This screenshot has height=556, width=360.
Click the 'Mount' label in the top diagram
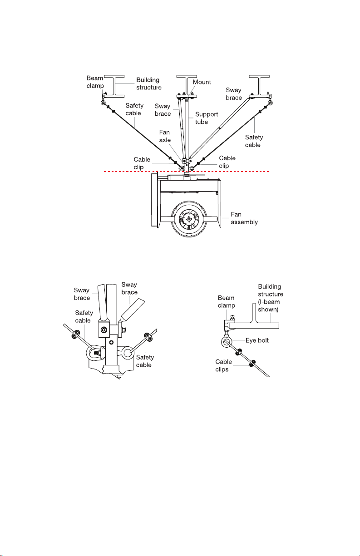pyautogui.click(x=202, y=82)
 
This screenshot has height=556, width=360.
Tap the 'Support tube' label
pyautogui.click(x=206, y=118)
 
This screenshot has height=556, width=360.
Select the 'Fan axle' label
pyautogui.click(x=165, y=136)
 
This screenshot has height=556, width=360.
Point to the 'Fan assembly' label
pyautogui.click(x=244, y=218)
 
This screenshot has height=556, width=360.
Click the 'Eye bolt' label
pyautogui.click(x=257, y=340)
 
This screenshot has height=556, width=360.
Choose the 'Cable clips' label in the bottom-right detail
pyautogui.click(x=223, y=365)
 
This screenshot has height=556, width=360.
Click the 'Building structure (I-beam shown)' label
pyautogui.click(x=271, y=298)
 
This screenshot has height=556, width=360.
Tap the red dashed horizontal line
pyautogui.click(x=187, y=172)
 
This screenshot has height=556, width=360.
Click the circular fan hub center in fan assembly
pyautogui.click(x=189, y=219)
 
